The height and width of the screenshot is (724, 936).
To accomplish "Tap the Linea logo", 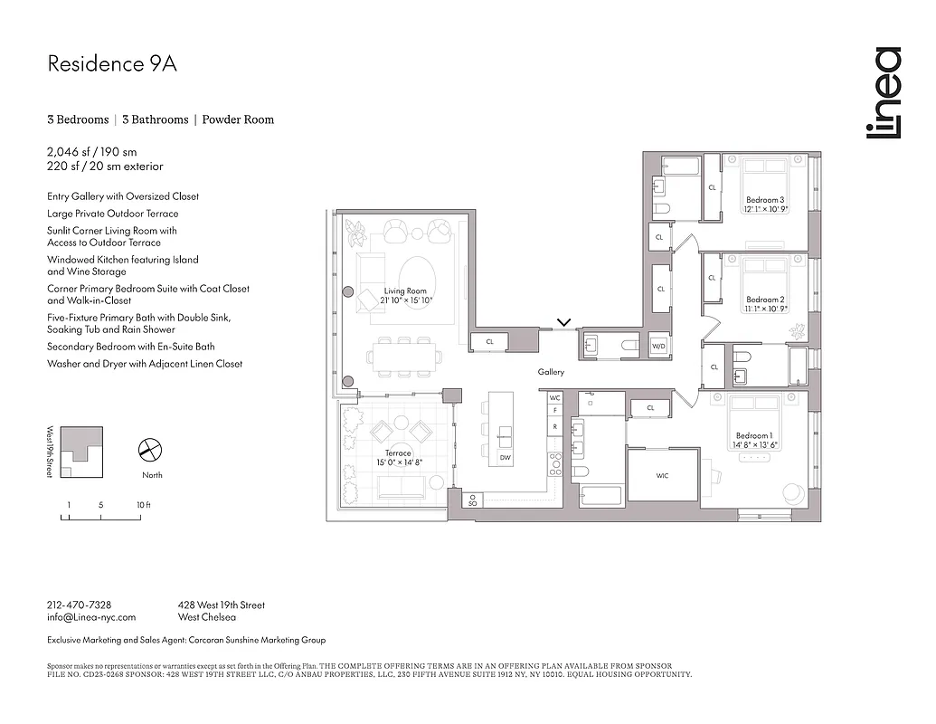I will tap(883, 94).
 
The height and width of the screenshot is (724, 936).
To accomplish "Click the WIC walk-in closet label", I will tap(662, 477).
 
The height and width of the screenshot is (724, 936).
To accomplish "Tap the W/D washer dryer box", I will tap(658, 345).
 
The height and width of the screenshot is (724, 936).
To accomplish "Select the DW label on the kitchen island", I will tap(505, 459).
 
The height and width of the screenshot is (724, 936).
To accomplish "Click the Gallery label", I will tap(551, 372).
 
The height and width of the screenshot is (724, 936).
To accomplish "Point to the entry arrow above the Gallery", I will tap(565, 321).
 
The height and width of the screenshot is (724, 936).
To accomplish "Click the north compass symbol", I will tap(150, 449).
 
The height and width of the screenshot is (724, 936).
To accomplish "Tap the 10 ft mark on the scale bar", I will tap(143, 505).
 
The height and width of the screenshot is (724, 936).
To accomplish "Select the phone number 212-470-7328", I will tap(79, 605).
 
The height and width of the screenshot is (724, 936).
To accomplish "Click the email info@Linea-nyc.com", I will tap(91, 617).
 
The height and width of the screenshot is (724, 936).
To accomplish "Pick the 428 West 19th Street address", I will tap(222, 605).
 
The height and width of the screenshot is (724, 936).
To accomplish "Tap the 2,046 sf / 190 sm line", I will tap(92, 152).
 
